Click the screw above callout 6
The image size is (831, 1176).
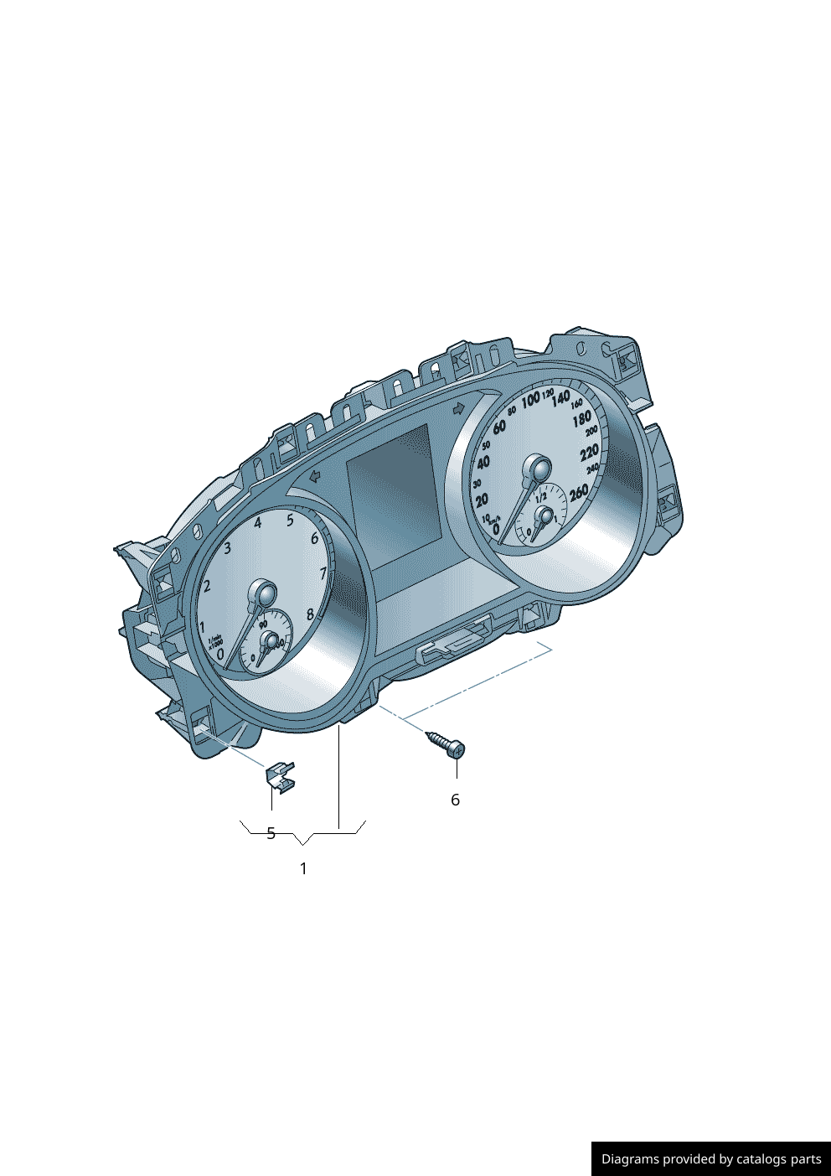[x=446, y=743]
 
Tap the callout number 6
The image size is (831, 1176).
[x=455, y=800]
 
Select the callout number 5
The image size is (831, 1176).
[x=271, y=833]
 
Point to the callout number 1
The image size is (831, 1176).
[x=303, y=868]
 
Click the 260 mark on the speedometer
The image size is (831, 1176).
[x=579, y=494]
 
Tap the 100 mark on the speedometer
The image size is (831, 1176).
[x=530, y=401]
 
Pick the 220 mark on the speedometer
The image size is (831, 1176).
[x=590, y=453]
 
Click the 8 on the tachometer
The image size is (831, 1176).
[x=310, y=614]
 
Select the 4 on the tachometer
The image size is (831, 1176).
[x=258, y=523]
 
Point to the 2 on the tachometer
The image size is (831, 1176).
[x=207, y=586]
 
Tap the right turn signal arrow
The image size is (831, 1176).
[x=458, y=408]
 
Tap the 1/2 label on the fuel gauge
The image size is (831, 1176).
[x=541, y=498]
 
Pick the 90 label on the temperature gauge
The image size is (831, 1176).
[x=263, y=624]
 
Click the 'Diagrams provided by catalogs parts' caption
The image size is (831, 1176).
[x=711, y=1158]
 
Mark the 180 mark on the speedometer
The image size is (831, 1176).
[x=581, y=418]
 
